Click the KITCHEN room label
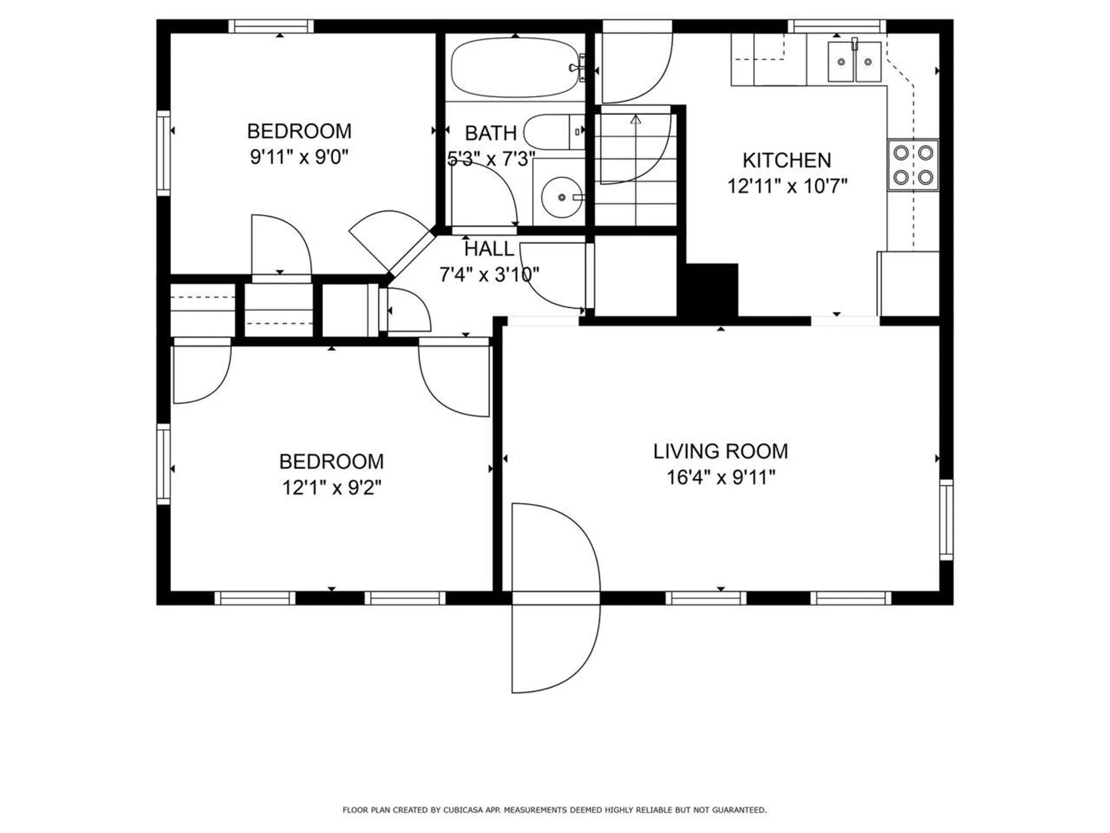click(x=786, y=160)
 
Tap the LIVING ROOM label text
click(x=720, y=451)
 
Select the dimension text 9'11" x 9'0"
click(x=299, y=157)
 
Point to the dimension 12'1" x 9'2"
click(x=331, y=488)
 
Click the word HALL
click(x=489, y=249)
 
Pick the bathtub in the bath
click(x=514, y=68)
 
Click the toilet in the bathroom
click(x=552, y=132)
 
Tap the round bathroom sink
click(x=561, y=197)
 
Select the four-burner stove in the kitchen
click(x=913, y=165)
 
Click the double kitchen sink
click(x=854, y=61)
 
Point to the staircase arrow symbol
click(x=636, y=120)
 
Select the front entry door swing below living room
click(x=555, y=642)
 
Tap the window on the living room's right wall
click(x=946, y=519)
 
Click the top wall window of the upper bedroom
click(x=271, y=26)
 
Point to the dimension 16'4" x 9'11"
click(x=720, y=478)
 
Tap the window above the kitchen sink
click(x=837, y=26)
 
